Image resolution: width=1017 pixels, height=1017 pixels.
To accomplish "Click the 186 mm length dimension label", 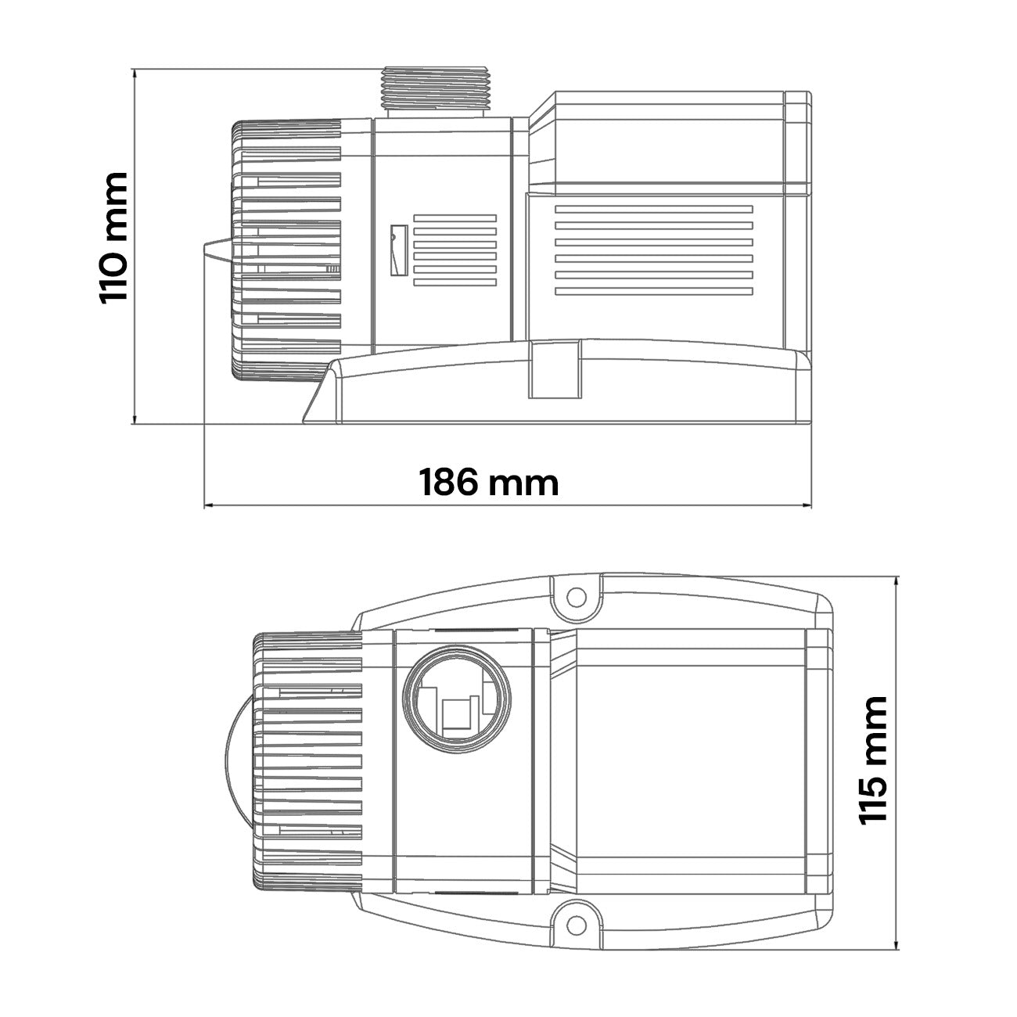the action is (x=489, y=483).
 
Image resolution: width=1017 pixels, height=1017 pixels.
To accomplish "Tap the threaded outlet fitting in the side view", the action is (x=436, y=92).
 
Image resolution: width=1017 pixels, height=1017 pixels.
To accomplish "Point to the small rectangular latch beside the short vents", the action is (x=398, y=250).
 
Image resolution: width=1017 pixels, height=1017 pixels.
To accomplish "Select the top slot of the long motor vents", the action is (x=654, y=210).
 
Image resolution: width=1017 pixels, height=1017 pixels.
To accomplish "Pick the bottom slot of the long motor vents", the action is (x=654, y=291).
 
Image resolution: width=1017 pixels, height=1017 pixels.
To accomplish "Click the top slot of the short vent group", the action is (x=455, y=218).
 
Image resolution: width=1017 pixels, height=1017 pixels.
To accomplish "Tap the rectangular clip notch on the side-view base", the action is (x=555, y=369).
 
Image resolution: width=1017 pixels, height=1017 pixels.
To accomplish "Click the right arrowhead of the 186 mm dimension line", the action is (x=807, y=506).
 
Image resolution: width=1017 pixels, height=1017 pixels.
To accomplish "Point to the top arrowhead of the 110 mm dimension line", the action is (x=135, y=73).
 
